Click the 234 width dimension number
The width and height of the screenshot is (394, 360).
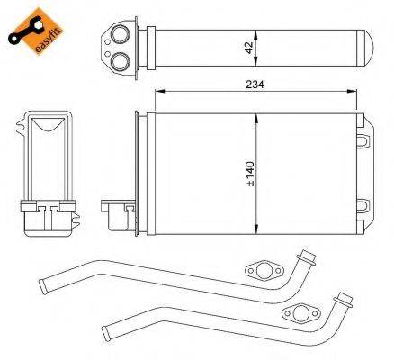(x=255, y=85)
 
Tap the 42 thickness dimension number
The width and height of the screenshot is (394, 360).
(x=249, y=48)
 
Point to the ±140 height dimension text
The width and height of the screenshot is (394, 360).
(x=250, y=174)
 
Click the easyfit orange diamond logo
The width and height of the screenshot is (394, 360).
(x=36, y=31)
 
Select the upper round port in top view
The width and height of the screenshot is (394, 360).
(x=121, y=34)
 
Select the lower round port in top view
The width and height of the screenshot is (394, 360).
(x=121, y=60)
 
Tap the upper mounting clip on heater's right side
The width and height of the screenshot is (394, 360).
(x=363, y=141)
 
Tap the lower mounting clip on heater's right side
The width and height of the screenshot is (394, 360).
(x=363, y=206)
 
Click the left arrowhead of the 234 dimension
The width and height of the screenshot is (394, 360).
(x=159, y=92)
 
